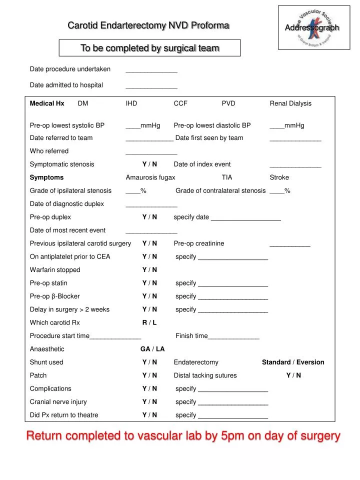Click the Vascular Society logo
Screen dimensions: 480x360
coord(313,28)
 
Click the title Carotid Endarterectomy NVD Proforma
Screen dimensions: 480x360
coord(148,25)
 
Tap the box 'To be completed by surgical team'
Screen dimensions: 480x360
coord(150,48)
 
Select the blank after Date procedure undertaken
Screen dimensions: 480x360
coord(151,70)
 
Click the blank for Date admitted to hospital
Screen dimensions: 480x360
coord(151,86)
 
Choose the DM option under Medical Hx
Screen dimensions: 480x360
coord(83,103)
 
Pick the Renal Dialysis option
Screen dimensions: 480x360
coord(290,103)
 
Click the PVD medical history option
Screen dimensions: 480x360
coord(228,103)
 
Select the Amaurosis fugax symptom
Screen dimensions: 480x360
coord(150,177)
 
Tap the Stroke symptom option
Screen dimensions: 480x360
coord(279,177)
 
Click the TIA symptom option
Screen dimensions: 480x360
coord(227,177)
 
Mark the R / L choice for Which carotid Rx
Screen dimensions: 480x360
coord(149,322)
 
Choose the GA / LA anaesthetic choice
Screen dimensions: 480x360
coord(152,349)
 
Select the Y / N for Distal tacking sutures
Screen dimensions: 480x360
coord(293,375)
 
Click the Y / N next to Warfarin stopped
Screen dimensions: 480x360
coord(149,269)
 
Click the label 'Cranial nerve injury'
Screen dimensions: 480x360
coord(58,401)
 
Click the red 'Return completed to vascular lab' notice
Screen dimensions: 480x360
coord(183,436)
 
